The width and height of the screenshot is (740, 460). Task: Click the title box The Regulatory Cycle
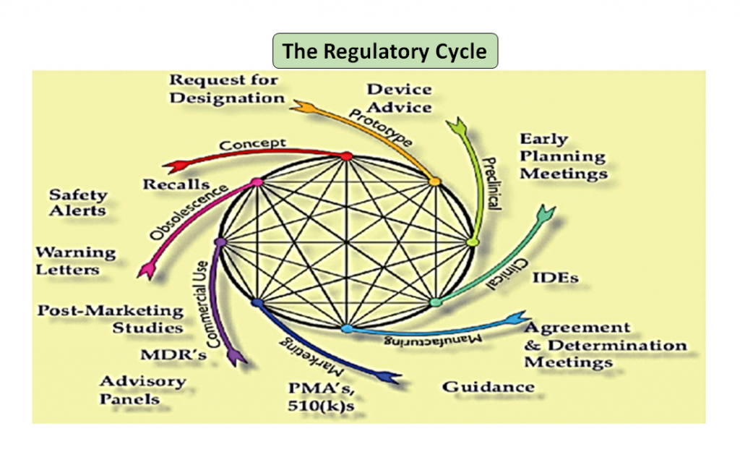coord(384,51)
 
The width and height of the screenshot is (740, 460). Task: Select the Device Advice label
coord(399,98)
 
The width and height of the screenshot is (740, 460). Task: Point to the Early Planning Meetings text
coord(563,156)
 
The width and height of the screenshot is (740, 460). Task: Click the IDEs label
coord(554,278)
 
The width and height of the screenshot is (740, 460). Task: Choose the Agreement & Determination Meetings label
coord(604,345)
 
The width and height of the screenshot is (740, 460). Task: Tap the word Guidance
coord(489,386)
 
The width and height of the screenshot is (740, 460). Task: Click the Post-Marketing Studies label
coord(111,319)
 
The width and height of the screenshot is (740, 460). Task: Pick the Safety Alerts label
coord(77,203)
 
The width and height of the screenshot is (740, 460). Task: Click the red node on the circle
coord(346,156)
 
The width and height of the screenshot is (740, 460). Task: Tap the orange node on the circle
coord(434,182)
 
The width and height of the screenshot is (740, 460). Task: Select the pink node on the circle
coord(255,182)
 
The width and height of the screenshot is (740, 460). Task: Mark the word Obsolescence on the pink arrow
coord(190,213)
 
